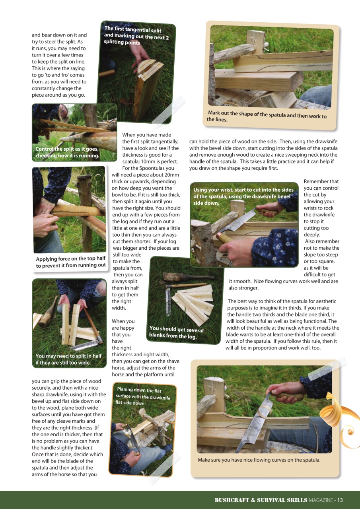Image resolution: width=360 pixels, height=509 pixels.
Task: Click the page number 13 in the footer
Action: (340, 500)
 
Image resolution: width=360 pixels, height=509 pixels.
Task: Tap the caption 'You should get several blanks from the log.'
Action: (176, 332)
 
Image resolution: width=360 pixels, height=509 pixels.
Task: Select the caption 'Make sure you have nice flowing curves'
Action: (259, 460)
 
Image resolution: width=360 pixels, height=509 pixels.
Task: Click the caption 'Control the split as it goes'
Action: (67, 152)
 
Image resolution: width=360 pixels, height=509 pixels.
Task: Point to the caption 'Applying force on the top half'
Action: (71, 262)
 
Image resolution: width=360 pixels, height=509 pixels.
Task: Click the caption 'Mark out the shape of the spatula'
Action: (266, 117)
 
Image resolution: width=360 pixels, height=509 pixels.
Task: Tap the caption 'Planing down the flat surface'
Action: (143, 396)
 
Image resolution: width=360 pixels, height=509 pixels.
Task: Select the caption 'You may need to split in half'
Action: (68, 359)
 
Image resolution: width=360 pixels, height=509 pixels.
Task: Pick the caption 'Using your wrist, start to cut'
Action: (243, 196)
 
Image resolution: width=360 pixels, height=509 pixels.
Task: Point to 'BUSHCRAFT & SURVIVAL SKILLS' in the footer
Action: (261, 500)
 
